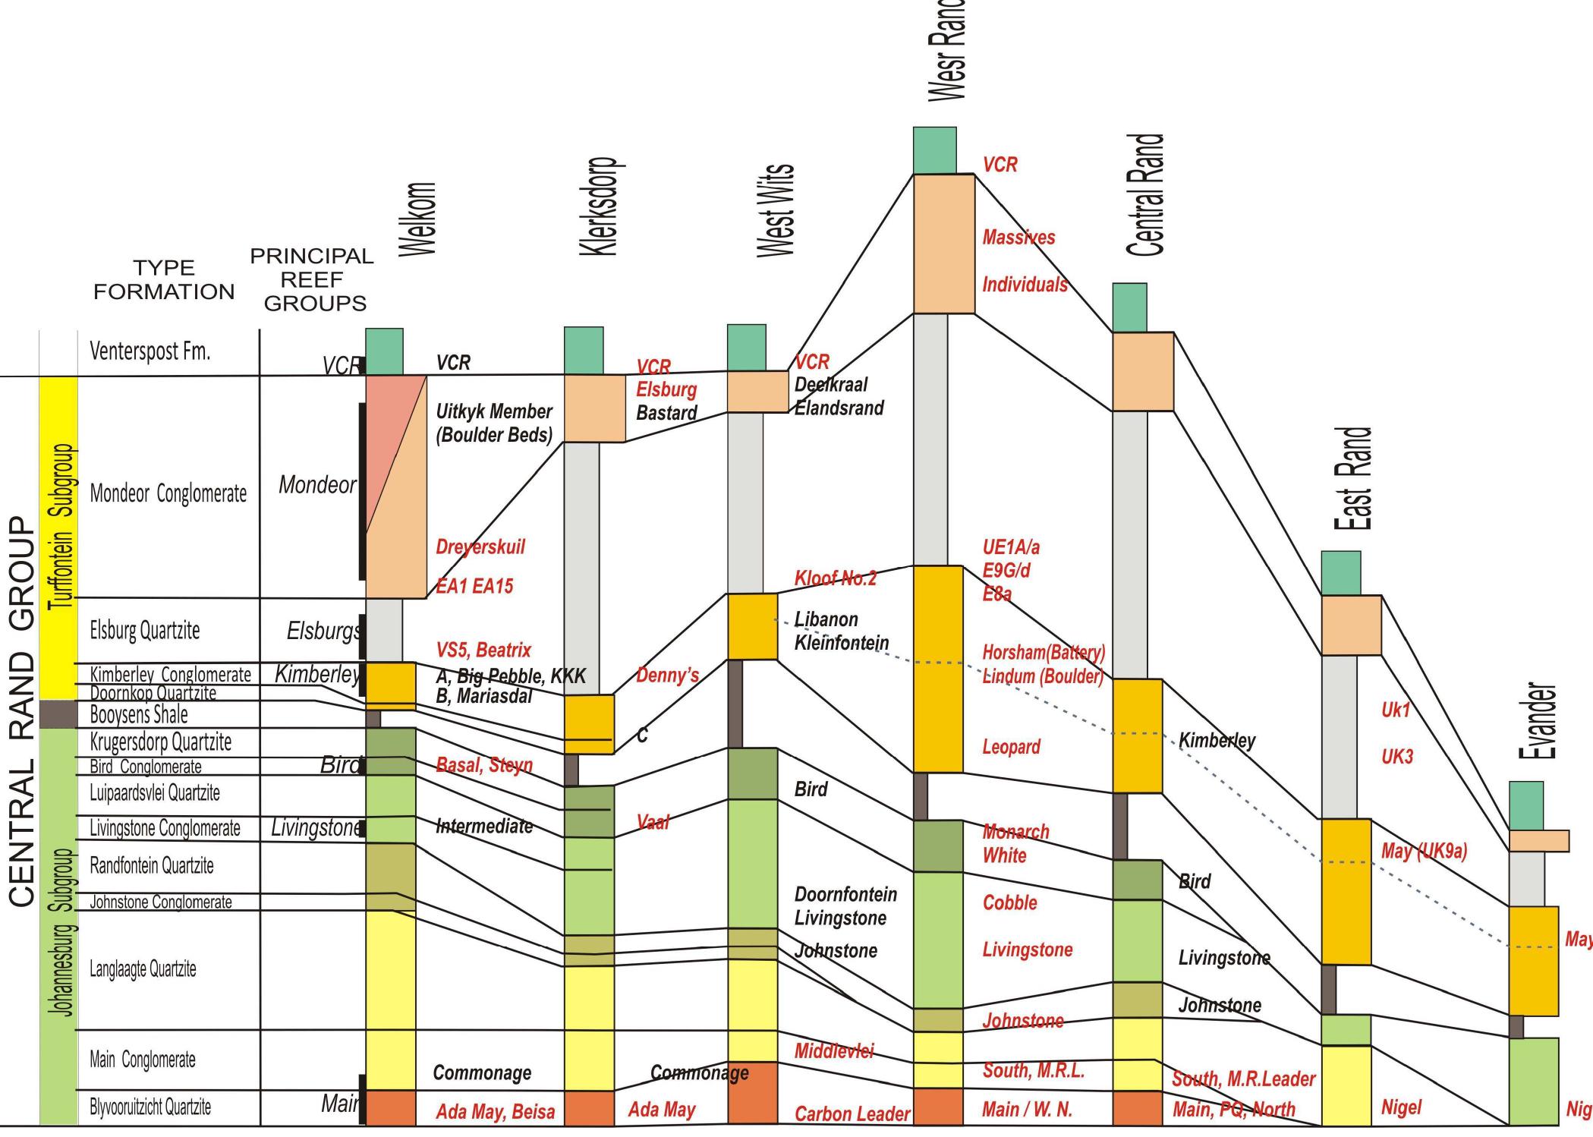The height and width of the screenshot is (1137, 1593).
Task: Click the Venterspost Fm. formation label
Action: pyautogui.click(x=150, y=351)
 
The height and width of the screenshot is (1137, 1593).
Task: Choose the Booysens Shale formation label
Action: pyautogui.click(x=138, y=714)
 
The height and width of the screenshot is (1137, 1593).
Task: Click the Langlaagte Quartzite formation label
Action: pyautogui.click(x=143, y=969)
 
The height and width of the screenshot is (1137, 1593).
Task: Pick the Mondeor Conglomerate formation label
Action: pyautogui.click(x=168, y=493)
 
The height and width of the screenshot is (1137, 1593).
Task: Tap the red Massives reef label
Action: pyautogui.click(x=1018, y=238)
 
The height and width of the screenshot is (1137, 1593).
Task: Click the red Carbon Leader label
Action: pyautogui.click(x=852, y=1113)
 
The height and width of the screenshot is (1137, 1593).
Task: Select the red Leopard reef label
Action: pyautogui.click(x=1011, y=747)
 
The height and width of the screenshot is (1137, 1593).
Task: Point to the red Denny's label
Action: pyautogui.click(x=667, y=675)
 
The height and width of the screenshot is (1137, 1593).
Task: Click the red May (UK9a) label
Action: pyautogui.click(x=1424, y=851)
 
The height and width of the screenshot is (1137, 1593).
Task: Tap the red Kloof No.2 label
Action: pyautogui.click(x=835, y=578)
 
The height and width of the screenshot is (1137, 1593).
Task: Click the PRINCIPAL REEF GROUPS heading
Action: pyautogui.click(x=313, y=279)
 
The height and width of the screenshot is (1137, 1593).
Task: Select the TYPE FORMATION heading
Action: pyautogui.click(x=164, y=279)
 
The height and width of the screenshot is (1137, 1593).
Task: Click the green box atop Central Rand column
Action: pyautogui.click(x=1129, y=307)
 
